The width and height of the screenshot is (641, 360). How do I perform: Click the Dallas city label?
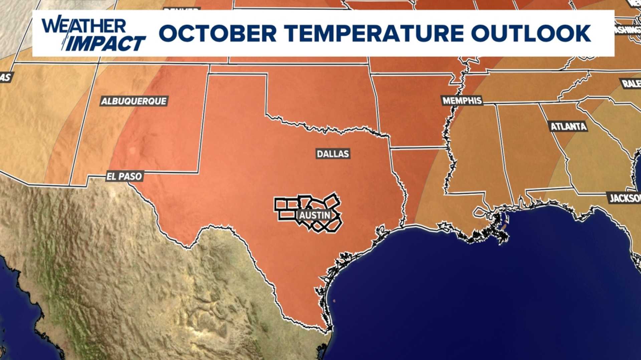333,154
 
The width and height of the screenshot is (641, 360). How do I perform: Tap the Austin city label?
314,215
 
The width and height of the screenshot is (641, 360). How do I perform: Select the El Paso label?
124,176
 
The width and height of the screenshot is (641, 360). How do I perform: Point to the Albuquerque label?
134,101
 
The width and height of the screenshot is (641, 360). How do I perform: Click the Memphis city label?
462,100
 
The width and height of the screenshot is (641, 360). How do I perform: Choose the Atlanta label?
568,126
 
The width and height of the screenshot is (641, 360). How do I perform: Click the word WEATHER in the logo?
83,26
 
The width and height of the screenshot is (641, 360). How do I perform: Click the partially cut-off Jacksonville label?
625,198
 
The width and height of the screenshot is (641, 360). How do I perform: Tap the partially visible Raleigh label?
631,83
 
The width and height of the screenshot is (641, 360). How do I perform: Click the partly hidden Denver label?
182,9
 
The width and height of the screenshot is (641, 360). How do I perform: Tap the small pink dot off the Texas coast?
334,301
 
